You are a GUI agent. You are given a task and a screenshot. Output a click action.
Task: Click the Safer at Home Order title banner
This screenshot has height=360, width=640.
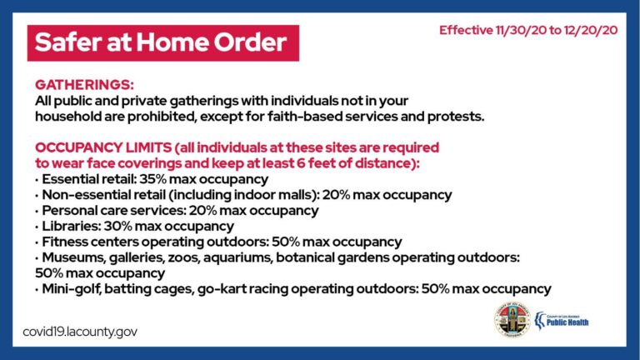coord(163,42)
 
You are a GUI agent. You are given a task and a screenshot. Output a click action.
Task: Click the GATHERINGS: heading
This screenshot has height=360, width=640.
coord(84,84)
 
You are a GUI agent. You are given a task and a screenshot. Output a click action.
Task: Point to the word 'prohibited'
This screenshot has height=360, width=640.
coord(161,117)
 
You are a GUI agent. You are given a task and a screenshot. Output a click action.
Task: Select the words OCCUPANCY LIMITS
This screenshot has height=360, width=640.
coord(103,147)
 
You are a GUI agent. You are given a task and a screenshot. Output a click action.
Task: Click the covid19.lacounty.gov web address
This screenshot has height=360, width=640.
coord(80,332)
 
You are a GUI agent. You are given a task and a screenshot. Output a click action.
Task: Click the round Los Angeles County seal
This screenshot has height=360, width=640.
coord(512,320)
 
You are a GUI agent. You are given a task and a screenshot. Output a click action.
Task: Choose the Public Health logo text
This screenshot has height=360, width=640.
coord(567,322)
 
